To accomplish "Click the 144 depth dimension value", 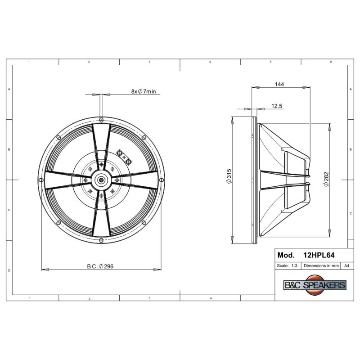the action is tap(279, 84).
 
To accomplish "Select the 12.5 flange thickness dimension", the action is tap(277, 106).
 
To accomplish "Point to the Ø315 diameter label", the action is tap(229, 176).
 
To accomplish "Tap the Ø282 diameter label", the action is tap(326, 179).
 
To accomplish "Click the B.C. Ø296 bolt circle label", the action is tap(100, 266).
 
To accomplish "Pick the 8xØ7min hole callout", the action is tap(144, 91).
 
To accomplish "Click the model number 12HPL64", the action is tap(319, 255).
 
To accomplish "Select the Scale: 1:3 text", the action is tap(287, 265).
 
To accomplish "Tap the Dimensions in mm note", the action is tap(321, 265).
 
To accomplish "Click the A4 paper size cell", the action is tap(346, 265).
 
